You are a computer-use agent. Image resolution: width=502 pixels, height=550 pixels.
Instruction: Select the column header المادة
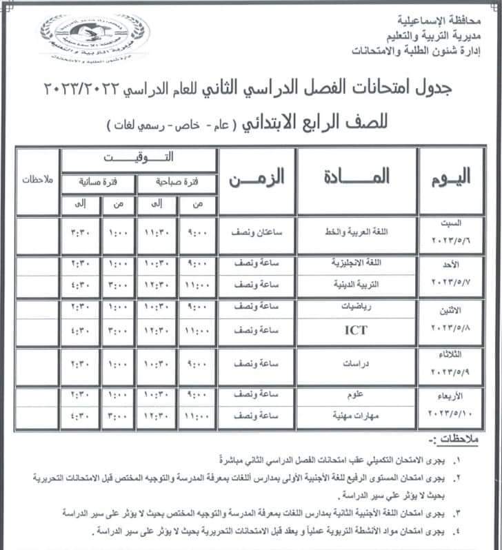[356, 177]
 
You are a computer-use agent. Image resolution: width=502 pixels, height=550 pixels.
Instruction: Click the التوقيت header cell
[139, 159]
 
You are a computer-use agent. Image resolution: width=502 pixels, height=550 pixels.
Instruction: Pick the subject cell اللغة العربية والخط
[356, 233]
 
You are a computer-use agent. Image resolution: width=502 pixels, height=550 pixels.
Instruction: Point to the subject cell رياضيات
[356, 309]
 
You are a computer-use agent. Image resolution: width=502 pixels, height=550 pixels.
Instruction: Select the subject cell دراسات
[356, 363]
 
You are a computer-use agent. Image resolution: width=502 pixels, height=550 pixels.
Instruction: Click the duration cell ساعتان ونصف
[257, 233]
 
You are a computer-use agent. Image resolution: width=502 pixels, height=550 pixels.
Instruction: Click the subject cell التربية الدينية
[356, 283]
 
